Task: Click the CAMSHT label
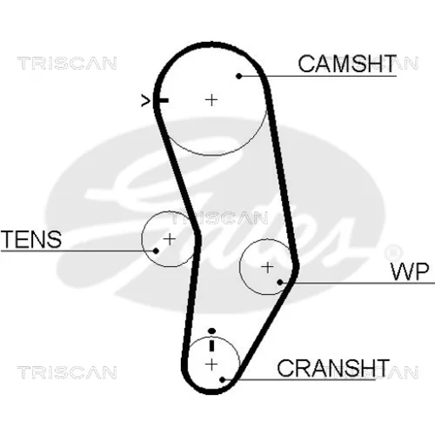pyautogui.click(x=347, y=64)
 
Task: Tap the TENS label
pyautogui.click(x=31, y=239)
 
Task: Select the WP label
pyautogui.click(x=410, y=271)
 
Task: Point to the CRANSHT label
pyautogui.click(x=333, y=368)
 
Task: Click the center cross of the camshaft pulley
pyautogui.click(x=211, y=100)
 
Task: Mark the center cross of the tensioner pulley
pyautogui.click(x=170, y=239)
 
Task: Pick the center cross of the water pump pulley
pyautogui.click(x=267, y=267)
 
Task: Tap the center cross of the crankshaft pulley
pyautogui.click(x=211, y=365)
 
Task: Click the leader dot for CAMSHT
pyautogui.click(x=239, y=76)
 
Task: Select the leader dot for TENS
pyautogui.click(x=156, y=251)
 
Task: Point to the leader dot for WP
pyautogui.click(x=280, y=282)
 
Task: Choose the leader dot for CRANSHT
pyautogui.click(x=223, y=379)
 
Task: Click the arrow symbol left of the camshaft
pyautogui.click(x=145, y=101)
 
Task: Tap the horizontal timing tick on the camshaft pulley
pyautogui.click(x=163, y=101)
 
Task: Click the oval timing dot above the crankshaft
pyautogui.click(x=212, y=331)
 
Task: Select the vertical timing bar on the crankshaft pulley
pyautogui.click(x=211, y=345)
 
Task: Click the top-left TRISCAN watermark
pyautogui.click(x=67, y=64)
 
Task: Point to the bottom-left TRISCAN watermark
pyautogui.click(x=67, y=372)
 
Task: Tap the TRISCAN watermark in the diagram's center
pyautogui.click(x=219, y=218)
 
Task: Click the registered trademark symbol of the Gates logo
pyautogui.click(x=393, y=252)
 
